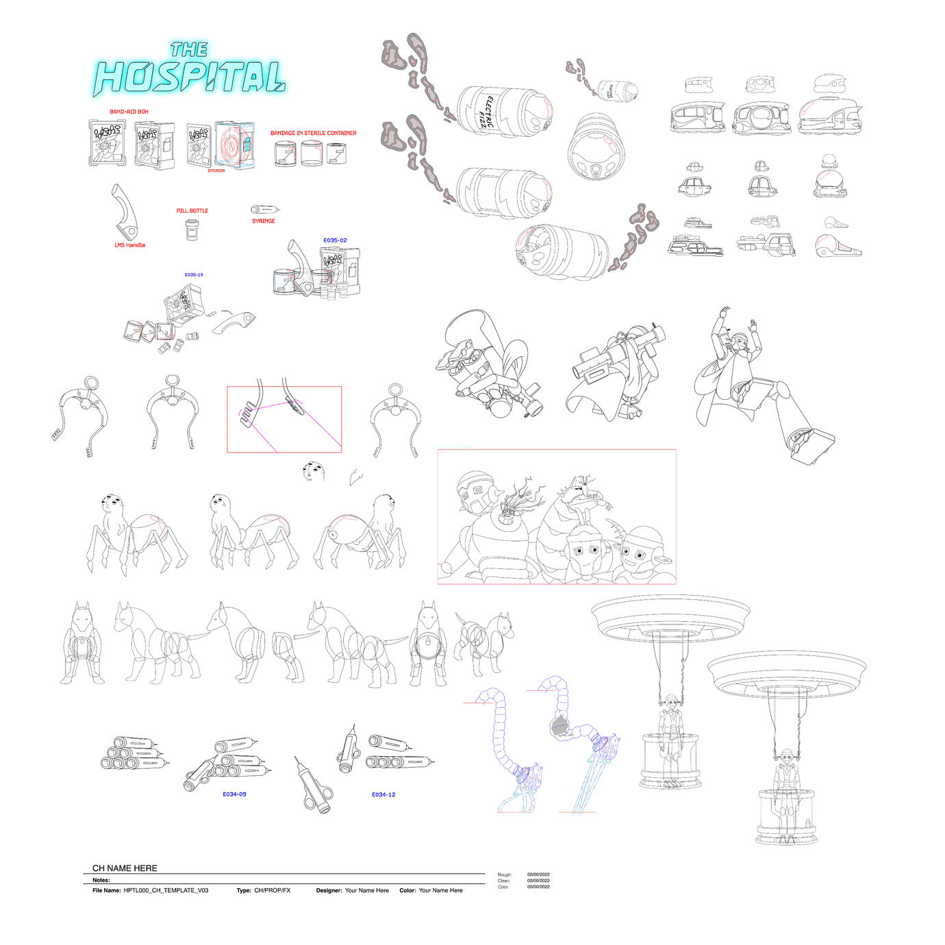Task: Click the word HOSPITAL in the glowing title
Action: (189, 77)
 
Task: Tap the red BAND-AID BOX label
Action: (129, 112)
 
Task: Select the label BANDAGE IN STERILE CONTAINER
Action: (313, 134)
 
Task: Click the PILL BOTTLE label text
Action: (192, 211)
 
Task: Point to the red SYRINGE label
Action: (263, 221)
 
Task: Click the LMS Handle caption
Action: (129, 245)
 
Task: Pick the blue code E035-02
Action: (335, 240)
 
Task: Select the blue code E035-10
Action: (194, 275)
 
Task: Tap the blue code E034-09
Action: (234, 794)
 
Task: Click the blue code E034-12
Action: (383, 795)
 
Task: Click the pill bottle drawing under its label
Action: (192, 229)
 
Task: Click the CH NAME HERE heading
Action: (125, 868)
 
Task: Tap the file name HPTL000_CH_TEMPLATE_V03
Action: (166, 891)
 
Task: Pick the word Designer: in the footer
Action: (329, 891)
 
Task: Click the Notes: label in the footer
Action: (101, 880)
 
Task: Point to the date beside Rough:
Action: (538, 874)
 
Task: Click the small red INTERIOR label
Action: (216, 171)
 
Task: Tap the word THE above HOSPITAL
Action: (189, 49)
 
